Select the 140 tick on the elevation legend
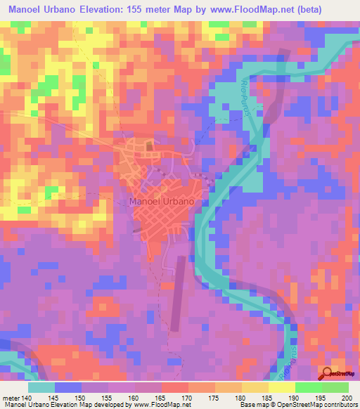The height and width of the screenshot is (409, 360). (x=29, y=398)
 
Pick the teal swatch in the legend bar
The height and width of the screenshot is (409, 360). (x=42, y=387)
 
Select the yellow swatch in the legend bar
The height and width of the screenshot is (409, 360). (x=282, y=387)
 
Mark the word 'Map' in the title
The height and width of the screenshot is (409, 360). (x=201, y=8)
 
